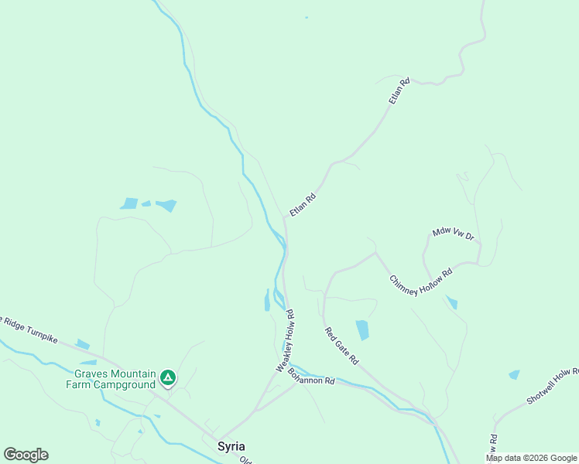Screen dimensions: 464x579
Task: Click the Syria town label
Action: [232, 447]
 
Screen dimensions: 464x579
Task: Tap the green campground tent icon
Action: [168, 378]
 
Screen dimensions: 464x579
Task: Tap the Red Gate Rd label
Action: [341, 346]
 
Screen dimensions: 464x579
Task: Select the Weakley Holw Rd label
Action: [284, 341]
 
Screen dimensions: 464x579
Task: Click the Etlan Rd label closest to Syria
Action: [303, 205]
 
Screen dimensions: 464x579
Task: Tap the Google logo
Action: [26, 455]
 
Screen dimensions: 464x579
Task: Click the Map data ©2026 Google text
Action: [532, 458]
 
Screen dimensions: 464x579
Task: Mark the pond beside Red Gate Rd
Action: [361, 329]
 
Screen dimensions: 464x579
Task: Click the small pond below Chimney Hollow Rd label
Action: [451, 302]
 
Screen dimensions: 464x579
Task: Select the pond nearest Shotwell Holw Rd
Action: [514, 375]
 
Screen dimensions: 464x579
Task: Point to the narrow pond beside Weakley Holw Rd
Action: [267, 300]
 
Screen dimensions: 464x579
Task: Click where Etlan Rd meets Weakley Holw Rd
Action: [285, 219]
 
